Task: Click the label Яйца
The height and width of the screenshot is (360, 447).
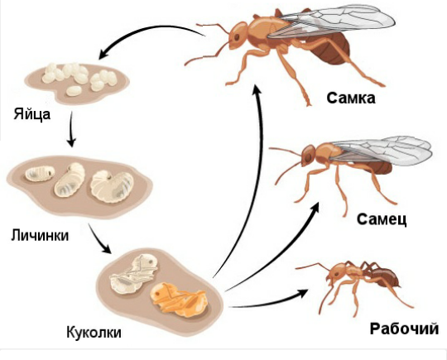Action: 32,115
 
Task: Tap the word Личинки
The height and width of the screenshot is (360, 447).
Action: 40,236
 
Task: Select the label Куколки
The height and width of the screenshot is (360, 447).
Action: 94,332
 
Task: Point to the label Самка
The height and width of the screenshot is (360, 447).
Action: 351,98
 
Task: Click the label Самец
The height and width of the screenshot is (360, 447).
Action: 382,219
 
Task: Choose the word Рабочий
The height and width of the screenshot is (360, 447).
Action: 404,329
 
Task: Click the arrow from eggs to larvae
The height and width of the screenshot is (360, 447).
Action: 71,129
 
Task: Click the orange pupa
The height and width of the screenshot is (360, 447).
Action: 179,300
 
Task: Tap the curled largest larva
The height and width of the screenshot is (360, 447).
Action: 112,186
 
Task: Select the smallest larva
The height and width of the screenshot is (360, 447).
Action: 40,174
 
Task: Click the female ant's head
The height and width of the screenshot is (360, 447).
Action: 238,36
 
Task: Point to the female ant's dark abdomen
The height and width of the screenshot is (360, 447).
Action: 330,49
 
